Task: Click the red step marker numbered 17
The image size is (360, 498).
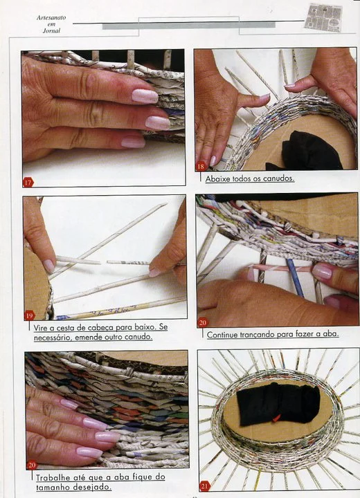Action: point(28,183)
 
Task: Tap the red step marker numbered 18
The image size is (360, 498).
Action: point(201,166)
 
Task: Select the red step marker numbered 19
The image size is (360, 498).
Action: point(30,315)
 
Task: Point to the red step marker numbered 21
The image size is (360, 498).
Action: point(204,486)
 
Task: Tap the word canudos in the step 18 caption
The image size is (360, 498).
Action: point(279,178)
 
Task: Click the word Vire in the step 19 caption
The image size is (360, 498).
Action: point(39,327)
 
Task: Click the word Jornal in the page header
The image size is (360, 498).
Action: point(51,31)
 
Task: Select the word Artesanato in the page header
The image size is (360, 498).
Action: point(51,18)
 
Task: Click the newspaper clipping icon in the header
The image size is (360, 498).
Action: point(323,18)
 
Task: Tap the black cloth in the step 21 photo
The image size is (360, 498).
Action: point(278,404)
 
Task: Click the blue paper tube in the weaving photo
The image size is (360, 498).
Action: point(296,277)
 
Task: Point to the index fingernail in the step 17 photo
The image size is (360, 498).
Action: point(145,96)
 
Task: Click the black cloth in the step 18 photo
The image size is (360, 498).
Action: point(307,151)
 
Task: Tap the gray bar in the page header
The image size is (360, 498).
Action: point(189,26)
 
